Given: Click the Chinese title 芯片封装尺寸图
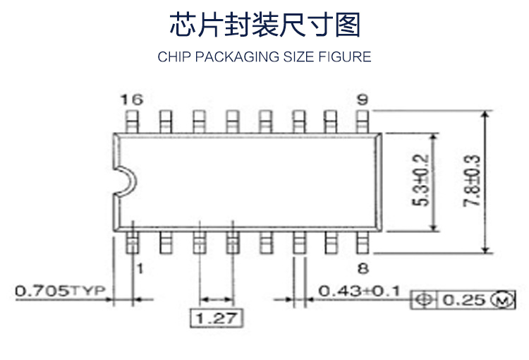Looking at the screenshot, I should coord(264,25).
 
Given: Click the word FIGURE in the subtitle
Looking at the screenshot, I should coord(345,57).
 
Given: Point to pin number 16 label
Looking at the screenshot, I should coord(130,99).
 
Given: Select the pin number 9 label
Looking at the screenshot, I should coord(362,99).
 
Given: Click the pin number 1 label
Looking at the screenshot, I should coord(140,268).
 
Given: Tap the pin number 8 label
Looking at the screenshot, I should coord(363,268).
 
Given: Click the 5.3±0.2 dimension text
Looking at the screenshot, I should coord(421,180).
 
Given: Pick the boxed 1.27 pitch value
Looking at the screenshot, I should coord(217,318).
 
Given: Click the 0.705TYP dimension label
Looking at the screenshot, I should coord(59,290).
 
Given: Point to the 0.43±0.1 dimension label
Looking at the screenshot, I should coord(359,290).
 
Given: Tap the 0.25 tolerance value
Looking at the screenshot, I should coord(464,300).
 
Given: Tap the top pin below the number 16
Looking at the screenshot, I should coord(131,120).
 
